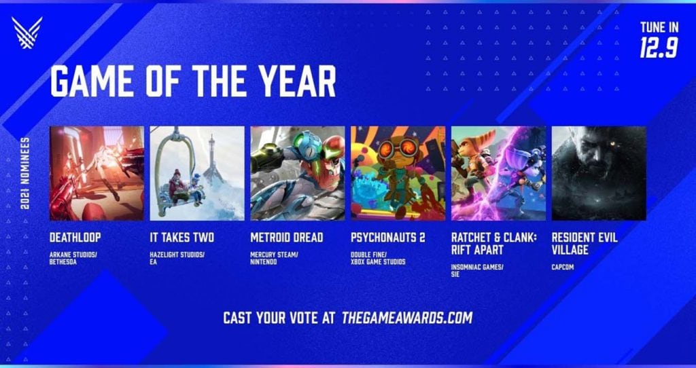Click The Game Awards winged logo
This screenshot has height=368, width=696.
(x=27, y=33)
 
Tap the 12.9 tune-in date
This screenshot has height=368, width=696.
(x=659, y=47)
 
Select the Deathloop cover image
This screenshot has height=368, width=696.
(x=97, y=173)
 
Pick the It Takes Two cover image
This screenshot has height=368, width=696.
(x=197, y=173)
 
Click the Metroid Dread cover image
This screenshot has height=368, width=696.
(x=298, y=173)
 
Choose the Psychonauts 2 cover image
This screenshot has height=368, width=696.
(x=398, y=173)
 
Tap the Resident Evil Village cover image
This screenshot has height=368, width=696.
(x=599, y=173)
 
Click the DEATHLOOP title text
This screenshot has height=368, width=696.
(x=75, y=238)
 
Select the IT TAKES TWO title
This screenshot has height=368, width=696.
(x=182, y=238)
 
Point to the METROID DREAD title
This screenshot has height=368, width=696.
(x=287, y=238)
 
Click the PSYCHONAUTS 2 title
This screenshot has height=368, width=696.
(x=388, y=238)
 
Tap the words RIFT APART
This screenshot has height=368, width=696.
(x=477, y=250)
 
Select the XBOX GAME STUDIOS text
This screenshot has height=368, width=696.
(x=378, y=262)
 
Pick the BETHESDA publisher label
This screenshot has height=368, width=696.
(x=63, y=262)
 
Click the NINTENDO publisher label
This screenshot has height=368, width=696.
(x=264, y=262)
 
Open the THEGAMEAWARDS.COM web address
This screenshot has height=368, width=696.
(x=407, y=318)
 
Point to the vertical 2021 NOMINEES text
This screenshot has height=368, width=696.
(x=25, y=173)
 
